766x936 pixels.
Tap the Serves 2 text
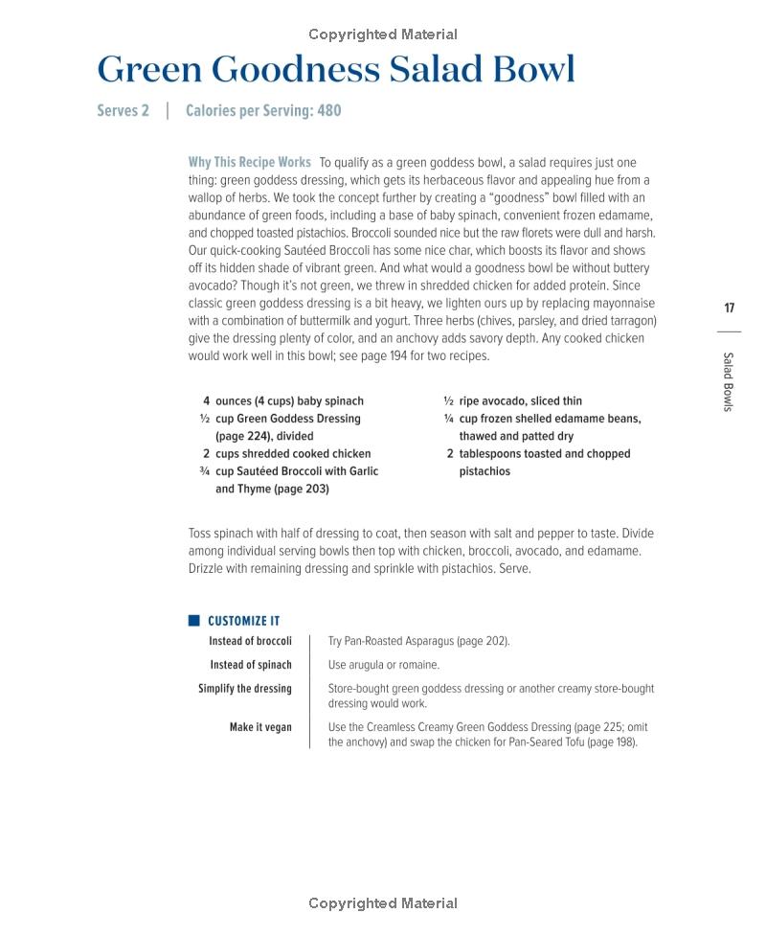click(x=124, y=110)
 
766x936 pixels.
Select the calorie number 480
click(x=328, y=110)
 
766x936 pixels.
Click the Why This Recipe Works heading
click(x=249, y=162)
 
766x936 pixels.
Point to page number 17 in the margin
click(x=729, y=308)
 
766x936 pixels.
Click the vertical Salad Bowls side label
click(x=728, y=381)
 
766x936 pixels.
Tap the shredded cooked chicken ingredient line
click(x=293, y=454)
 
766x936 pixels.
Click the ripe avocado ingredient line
click(x=520, y=401)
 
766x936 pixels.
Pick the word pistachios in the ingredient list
click(x=484, y=471)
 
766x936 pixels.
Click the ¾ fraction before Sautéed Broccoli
click(x=204, y=471)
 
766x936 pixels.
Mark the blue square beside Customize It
click(x=193, y=620)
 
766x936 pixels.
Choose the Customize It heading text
click(x=243, y=621)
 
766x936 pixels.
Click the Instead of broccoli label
click(x=250, y=641)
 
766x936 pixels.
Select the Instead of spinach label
click(x=251, y=665)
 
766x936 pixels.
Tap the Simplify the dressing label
click(x=245, y=689)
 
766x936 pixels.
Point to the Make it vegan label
click(x=260, y=727)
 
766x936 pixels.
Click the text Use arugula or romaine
click(x=384, y=665)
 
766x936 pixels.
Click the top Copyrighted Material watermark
click(x=383, y=34)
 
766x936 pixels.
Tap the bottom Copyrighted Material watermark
click(x=383, y=903)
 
